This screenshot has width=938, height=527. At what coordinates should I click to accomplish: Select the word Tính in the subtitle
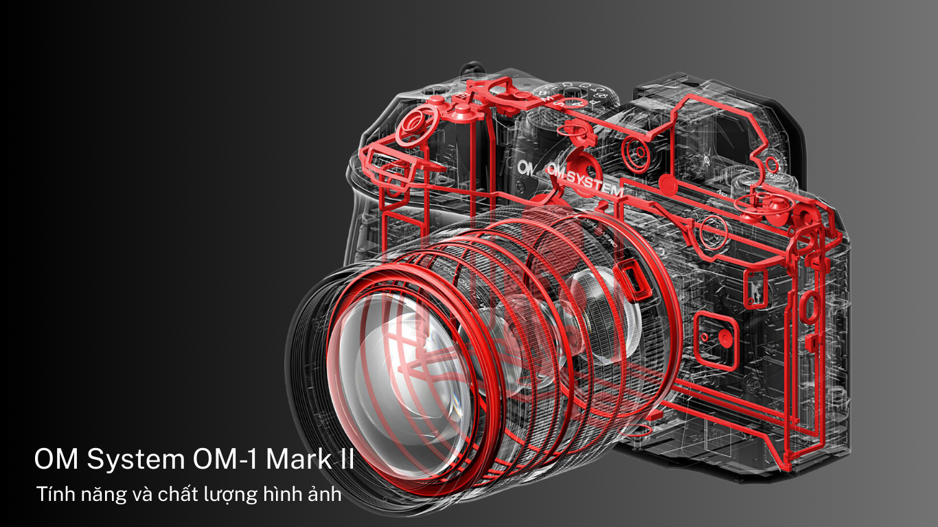tap(53, 493)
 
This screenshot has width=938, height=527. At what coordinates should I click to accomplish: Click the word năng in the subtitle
tap(97, 495)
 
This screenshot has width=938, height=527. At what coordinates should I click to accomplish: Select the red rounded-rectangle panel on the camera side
tap(714, 336)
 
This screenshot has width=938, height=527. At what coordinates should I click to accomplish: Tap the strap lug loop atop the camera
tap(472, 69)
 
